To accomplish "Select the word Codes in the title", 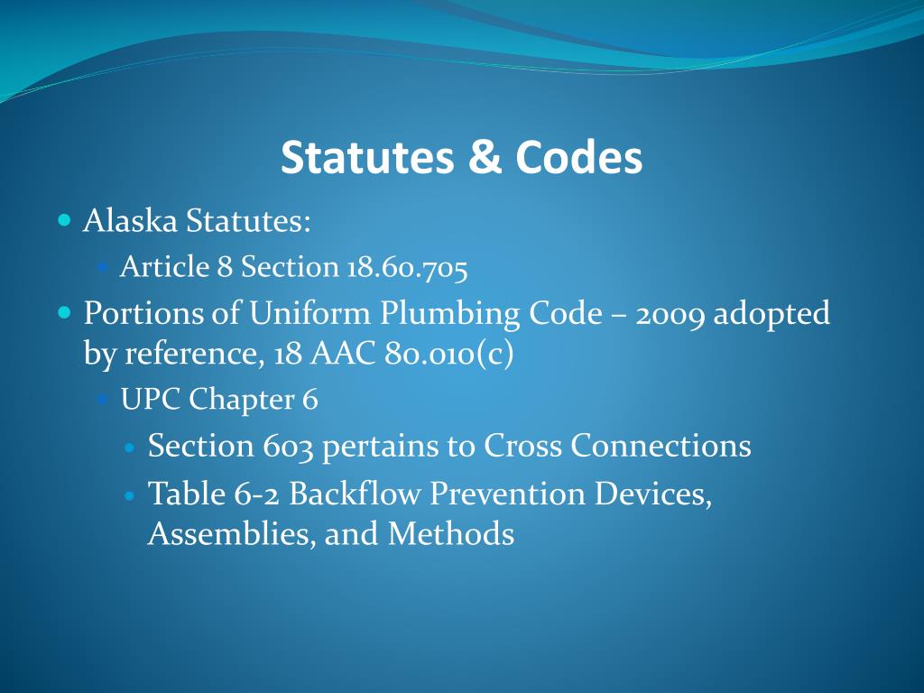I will click(x=578, y=158).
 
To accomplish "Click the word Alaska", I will click(x=131, y=220).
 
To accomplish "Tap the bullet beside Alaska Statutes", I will click(x=63, y=220).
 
